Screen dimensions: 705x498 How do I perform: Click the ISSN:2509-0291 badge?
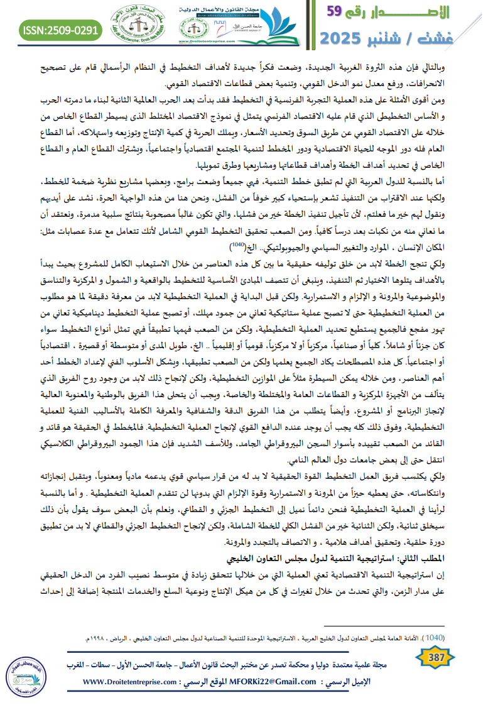61,30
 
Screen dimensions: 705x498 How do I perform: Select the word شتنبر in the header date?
411,39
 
